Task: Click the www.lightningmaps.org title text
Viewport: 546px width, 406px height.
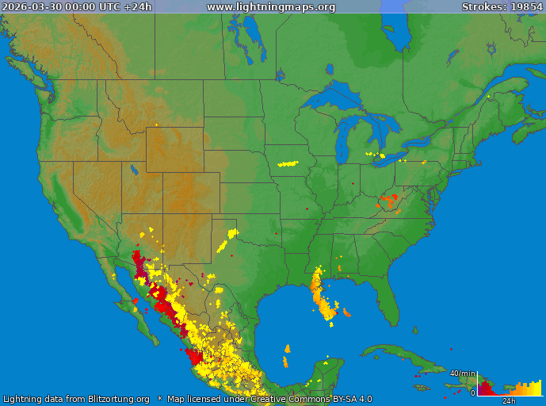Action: [x=271, y=7]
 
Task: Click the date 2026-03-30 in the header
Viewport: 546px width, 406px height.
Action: [x=31, y=7]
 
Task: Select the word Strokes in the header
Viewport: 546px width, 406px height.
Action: [x=483, y=7]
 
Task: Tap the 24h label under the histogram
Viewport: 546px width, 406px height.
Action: [x=509, y=401]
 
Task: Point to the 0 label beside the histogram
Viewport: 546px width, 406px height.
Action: [x=472, y=393]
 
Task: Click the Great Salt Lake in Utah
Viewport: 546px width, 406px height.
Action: [x=132, y=169]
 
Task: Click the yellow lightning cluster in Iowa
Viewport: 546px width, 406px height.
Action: [x=287, y=165]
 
